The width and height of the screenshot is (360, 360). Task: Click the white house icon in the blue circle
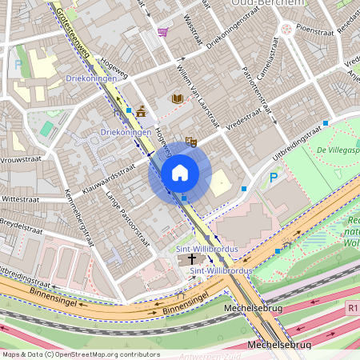point(179,172)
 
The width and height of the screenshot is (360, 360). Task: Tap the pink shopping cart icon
point(163,32)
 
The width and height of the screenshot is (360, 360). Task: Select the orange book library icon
point(178,98)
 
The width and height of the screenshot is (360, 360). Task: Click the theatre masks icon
point(190,142)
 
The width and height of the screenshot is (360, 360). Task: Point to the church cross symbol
point(190,260)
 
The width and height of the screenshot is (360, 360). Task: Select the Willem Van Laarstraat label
point(197,98)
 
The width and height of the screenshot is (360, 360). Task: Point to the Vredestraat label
point(244,123)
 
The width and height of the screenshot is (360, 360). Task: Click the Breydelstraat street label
point(21,226)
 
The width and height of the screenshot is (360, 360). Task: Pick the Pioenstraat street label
point(314,26)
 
